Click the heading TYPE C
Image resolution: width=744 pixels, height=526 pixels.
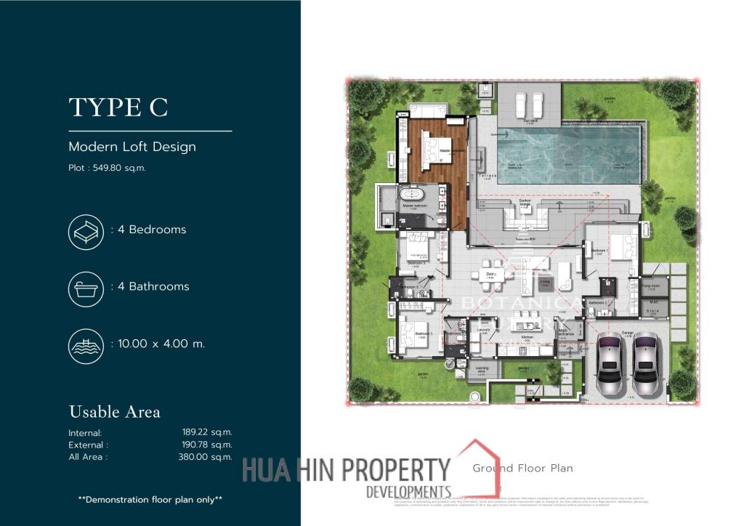[118, 107]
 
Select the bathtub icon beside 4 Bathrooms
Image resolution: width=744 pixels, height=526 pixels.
[84, 287]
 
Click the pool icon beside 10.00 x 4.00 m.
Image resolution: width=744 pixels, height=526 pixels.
[84, 344]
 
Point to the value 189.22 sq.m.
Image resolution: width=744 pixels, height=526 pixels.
[207, 432]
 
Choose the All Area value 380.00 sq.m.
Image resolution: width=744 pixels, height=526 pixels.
[207, 457]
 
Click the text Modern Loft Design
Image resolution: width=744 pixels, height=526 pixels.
[132, 147]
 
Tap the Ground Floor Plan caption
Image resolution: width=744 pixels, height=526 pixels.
[522, 468]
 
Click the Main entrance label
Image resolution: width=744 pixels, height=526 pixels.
[565, 333]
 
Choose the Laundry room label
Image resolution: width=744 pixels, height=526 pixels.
[484, 330]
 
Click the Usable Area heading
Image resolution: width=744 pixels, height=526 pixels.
[115, 412]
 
